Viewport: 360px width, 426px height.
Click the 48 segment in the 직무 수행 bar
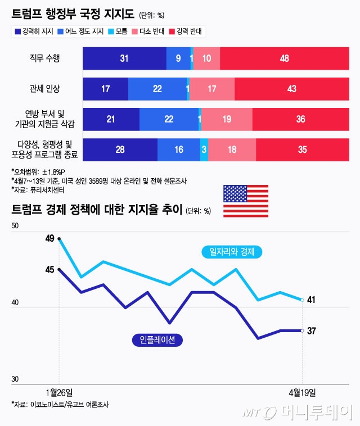285,58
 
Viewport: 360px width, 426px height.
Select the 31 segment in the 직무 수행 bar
124,58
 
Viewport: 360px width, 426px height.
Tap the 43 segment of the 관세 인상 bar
291,89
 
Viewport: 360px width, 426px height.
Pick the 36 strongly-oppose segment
300,119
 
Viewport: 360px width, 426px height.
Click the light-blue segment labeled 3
204,149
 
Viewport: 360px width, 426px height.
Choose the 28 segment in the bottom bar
120,149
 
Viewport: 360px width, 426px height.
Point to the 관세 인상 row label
44,89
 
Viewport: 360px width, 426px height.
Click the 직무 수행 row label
44,58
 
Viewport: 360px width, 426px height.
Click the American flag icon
245,201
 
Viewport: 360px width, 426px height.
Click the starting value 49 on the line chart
49,238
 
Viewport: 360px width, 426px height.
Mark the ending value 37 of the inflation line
311,330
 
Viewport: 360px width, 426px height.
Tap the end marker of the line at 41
303,300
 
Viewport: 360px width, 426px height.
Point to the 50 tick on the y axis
15,226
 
